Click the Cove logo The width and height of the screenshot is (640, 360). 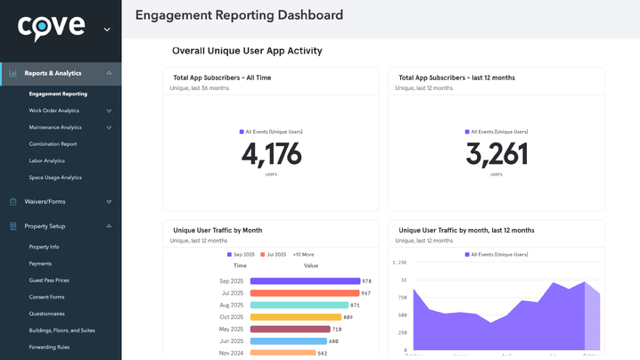(52, 28)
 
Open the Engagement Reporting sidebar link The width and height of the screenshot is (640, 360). (58, 94)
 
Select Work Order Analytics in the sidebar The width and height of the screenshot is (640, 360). (54, 110)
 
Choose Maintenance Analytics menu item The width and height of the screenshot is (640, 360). (55, 127)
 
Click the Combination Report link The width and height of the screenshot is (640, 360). (53, 143)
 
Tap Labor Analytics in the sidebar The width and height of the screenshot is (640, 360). (46, 160)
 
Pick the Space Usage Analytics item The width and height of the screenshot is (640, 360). (55, 177)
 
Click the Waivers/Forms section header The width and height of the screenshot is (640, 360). (45, 201)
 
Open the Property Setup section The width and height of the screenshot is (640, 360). (45, 226)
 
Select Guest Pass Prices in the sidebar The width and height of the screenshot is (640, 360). (49, 280)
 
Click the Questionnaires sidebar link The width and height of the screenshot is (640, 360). (46, 314)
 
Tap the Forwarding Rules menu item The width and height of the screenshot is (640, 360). (49, 347)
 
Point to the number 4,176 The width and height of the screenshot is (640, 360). (271, 155)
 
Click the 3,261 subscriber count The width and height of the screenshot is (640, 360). (496, 155)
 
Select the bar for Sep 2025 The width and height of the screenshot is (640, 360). (305, 281)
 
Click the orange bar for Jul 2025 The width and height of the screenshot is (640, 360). (305, 293)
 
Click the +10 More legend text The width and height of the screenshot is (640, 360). (304, 255)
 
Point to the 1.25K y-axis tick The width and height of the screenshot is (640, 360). (400, 263)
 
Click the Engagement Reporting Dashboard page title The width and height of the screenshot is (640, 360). (239, 15)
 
